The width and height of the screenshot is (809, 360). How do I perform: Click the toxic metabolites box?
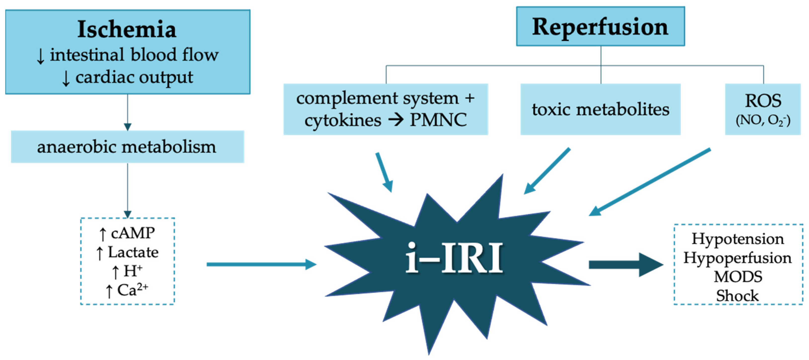[600, 109]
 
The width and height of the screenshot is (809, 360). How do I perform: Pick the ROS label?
[763, 101]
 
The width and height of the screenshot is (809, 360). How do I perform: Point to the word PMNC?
[438, 120]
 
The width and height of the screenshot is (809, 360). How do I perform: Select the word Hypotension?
[738, 239]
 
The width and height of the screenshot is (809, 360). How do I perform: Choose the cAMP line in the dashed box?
[127, 233]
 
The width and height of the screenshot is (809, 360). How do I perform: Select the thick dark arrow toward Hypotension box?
[625, 265]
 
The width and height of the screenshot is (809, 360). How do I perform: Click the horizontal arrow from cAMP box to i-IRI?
[261, 265]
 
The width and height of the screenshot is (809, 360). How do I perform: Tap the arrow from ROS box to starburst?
[650, 182]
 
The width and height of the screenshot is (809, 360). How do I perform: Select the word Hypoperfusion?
[738, 258]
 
